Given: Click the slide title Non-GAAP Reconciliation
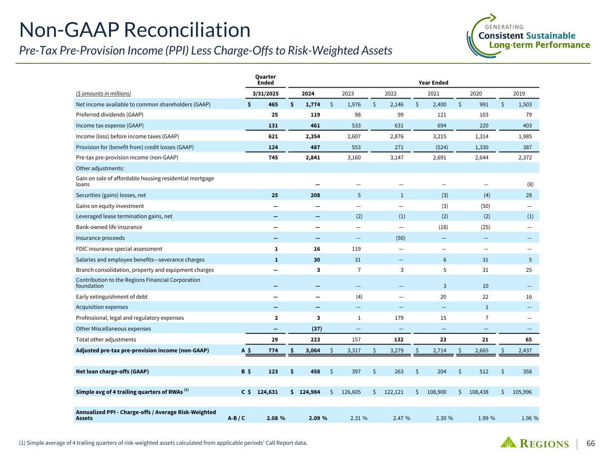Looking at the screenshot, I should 135,30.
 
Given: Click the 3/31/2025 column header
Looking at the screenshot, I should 265,94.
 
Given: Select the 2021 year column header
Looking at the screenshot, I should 433,94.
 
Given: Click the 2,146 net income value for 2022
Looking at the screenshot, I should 395,105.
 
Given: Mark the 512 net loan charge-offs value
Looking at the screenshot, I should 484,372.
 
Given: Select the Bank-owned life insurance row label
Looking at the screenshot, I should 109,227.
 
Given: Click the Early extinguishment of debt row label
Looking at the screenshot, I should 112,296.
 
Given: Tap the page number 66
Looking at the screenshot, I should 591,443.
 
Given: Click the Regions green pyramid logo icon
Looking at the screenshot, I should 509,442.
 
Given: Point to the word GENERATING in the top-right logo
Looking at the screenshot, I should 504,27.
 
